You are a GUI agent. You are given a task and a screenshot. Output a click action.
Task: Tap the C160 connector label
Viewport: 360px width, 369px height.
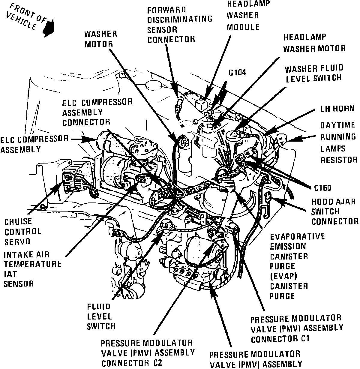pyautogui.click(x=322, y=188)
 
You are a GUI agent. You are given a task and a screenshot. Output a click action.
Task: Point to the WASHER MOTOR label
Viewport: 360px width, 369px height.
pyautogui.click(x=100, y=39)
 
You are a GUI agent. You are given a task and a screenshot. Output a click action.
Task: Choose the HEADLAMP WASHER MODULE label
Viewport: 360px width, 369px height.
pyautogui.click(x=243, y=15)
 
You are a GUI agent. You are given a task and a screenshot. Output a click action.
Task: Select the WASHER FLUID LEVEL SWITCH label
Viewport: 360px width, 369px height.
pyautogui.click(x=313, y=73)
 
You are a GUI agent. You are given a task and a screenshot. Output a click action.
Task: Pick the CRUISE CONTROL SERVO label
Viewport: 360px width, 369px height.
pyautogui.click(x=23, y=231)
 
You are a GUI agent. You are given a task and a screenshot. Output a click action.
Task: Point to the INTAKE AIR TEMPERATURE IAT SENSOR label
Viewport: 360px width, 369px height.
pyautogui.click(x=32, y=269)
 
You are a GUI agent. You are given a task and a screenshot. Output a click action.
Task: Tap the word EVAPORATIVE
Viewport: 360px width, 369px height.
pyautogui.click(x=297, y=236)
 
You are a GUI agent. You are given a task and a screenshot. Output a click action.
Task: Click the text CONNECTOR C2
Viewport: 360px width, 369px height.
pyautogui.click(x=132, y=363)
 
